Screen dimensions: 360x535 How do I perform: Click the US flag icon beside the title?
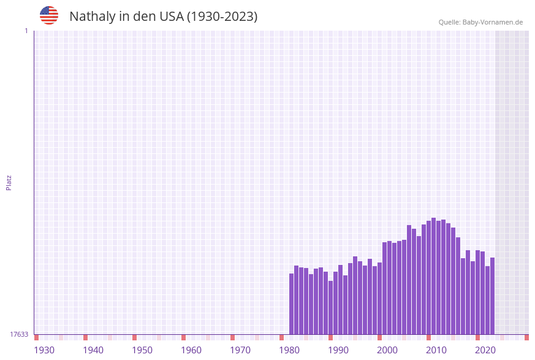click(49, 15)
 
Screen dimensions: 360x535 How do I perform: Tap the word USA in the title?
click(171, 17)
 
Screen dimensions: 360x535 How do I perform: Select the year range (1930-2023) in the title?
click(222, 17)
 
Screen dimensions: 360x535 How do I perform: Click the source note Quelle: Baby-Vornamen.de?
click(480, 22)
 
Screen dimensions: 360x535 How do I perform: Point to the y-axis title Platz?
click(9, 182)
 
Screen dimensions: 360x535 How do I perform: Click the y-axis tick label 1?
click(26, 31)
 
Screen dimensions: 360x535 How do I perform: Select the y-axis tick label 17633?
click(19, 334)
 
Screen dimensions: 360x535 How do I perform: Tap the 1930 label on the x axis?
click(44, 350)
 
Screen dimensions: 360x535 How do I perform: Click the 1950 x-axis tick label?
click(142, 350)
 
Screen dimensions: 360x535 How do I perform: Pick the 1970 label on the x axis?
click(240, 350)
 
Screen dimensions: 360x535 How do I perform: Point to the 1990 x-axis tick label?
click(338, 350)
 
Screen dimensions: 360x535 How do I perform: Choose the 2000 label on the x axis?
click(387, 350)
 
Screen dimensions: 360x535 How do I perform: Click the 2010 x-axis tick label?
click(436, 350)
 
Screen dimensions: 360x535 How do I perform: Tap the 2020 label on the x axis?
click(485, 350)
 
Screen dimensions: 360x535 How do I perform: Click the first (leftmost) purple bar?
click(292, 304)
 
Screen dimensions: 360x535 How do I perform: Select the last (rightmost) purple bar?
click(492, 296)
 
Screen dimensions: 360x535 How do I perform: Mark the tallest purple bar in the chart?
click(433, 276)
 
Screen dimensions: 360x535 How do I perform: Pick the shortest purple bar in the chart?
click(331, 307)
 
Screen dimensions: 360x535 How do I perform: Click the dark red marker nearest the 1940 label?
click(86, 337)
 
